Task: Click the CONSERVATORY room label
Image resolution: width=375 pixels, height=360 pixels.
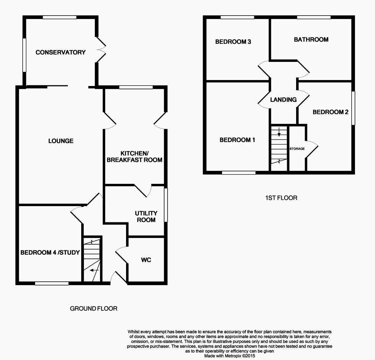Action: pyautogui.click(x=60, y=52)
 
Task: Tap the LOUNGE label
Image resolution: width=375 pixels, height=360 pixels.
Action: pyautogui.click(x=61, y=141)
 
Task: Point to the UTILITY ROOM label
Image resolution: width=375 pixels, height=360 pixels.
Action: pyautogui.click(x=146, y=217)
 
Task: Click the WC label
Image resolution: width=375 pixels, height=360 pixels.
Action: pyautogui.click(x=146, y=260)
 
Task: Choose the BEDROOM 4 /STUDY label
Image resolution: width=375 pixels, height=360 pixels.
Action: pyautogui.click(x=50, y=253)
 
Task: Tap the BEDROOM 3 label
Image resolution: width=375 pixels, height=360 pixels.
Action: pyautogui.click(x=233, y=42)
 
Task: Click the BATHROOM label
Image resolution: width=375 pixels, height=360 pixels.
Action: pyautogui.click(x=311, y=39)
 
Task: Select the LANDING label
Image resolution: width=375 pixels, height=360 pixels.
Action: pyautogui.click(x=283, y=100)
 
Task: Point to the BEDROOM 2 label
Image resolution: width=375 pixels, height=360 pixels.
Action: pyautogui.click(x=331, y=112)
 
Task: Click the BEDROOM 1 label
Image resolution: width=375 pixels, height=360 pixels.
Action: pyautogui.click(x=238, y=140)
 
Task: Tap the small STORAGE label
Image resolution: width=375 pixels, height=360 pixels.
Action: pyautogui.click(x=297, y=149)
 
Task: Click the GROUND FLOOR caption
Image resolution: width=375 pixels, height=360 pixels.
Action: pyautogui.click(x=94, y=308)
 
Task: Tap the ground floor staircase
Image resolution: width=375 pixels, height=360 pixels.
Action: pyautogui.click(x=92, y=260)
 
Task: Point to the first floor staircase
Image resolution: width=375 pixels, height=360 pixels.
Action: pyautogui.click(x=279, y=148)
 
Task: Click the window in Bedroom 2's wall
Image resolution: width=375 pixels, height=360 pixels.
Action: pyautogui.click(x=353, y=108)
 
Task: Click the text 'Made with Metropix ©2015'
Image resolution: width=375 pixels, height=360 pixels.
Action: pyautogui.click(x=230, y=356)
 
